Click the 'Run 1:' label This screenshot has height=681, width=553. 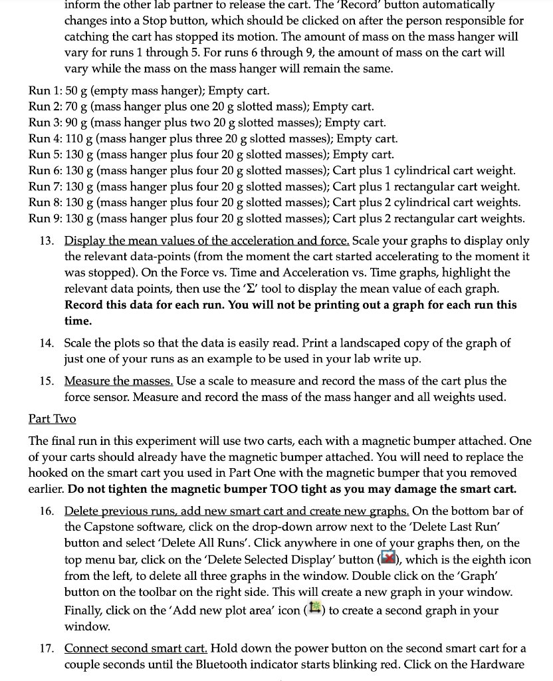click(x=45, y=90)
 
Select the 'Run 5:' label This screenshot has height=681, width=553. click(x=45, y=154)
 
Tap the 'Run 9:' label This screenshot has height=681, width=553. click(x=45, y=218)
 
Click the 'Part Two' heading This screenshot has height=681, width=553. click(x=52, y=418)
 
